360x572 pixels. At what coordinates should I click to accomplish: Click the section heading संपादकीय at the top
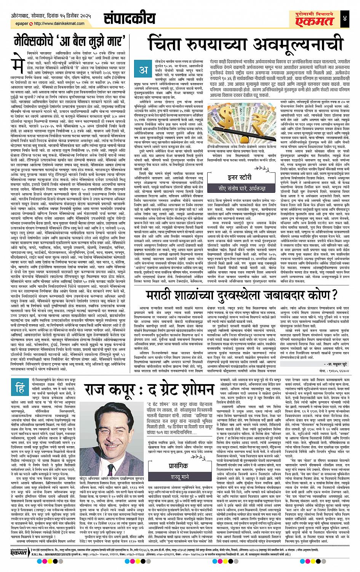click(x=130, y=18)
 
